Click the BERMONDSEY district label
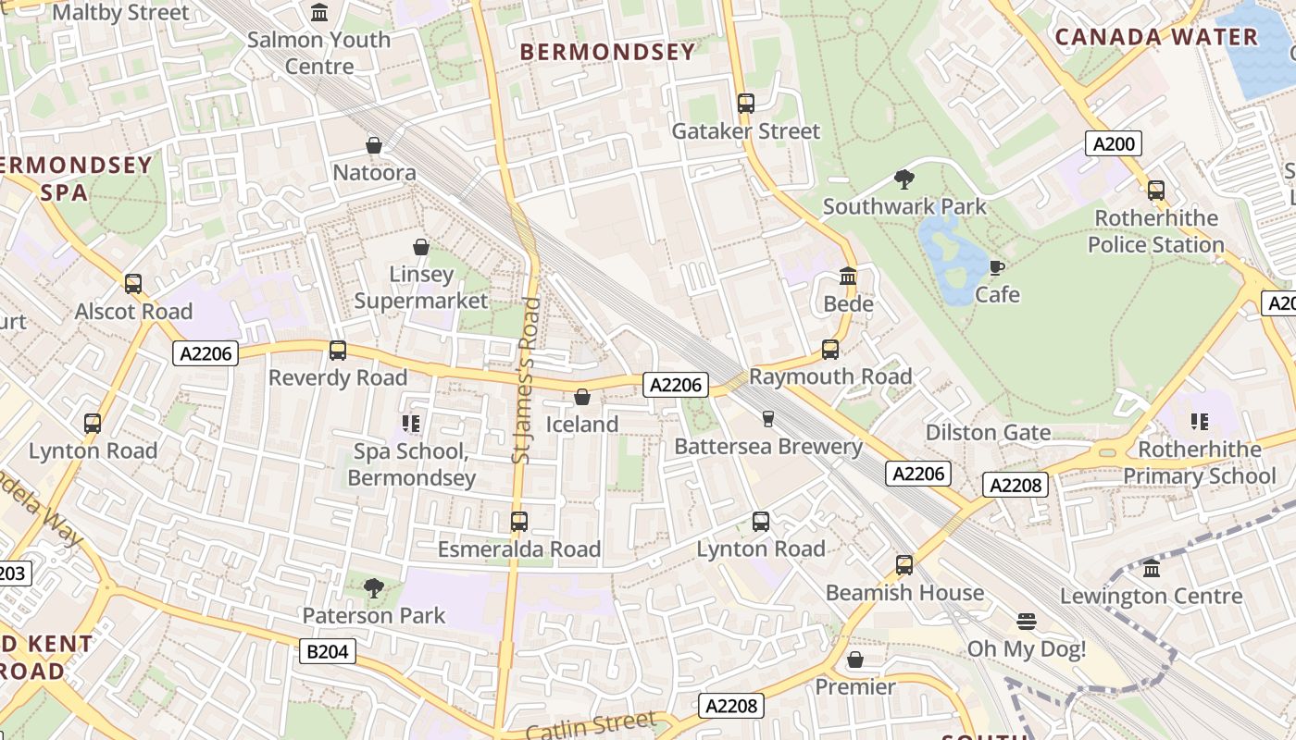607,52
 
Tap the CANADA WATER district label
1156,37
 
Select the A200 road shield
1113,143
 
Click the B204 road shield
328,651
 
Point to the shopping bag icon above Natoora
374,145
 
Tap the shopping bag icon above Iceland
582,397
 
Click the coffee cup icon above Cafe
996,267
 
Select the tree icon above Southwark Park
904,179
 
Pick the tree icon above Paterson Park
374,587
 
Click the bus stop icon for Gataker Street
746,103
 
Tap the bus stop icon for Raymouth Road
830,349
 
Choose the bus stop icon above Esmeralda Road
519,521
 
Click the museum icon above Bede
848,276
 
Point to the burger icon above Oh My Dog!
1026,621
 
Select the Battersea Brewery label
768,446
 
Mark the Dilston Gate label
988,432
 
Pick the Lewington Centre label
1152,596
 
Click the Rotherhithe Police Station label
1155,231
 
